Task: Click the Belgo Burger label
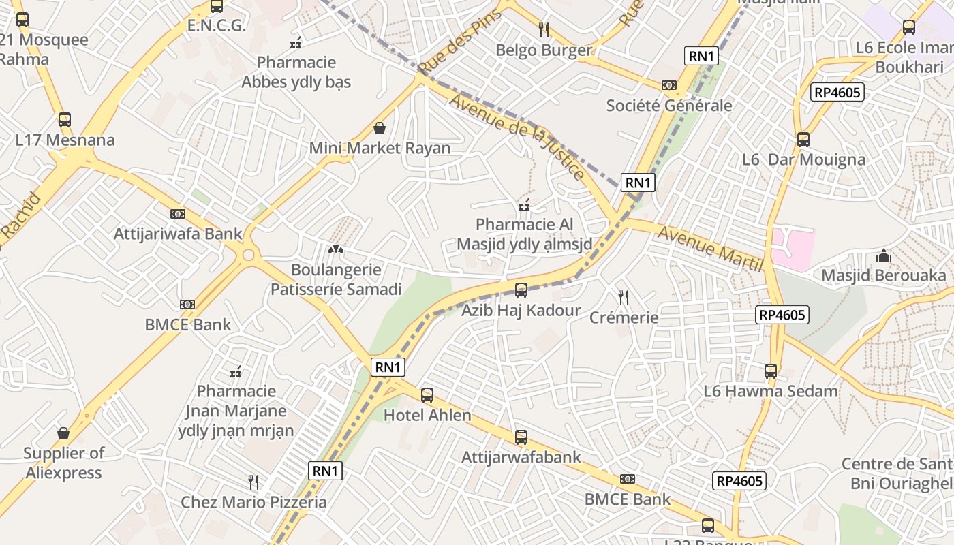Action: pos(543,50)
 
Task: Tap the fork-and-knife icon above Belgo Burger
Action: pos(544,29)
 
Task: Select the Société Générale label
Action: pos(668,106)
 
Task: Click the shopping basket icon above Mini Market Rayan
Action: pos(380,128)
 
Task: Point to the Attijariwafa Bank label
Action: pos(177,234)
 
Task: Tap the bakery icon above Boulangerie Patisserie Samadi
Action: pos(336,249)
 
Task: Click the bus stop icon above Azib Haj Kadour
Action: pos(521,290)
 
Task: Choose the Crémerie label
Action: pos(624,317)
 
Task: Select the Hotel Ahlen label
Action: pos(427,415)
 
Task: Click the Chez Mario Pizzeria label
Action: pos(253,502)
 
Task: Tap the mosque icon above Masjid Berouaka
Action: pos(884,255)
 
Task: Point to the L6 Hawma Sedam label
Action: pos(771,391)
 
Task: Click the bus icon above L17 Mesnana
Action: pos(65,120)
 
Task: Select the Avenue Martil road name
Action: pos(710,249)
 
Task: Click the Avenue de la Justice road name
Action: pos(518,137)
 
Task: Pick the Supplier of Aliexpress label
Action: pos(63,463)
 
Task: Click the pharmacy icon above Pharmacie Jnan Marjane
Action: pos(236,372)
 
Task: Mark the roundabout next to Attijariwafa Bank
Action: pos(248,255)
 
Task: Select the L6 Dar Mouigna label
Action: pos(803,159)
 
